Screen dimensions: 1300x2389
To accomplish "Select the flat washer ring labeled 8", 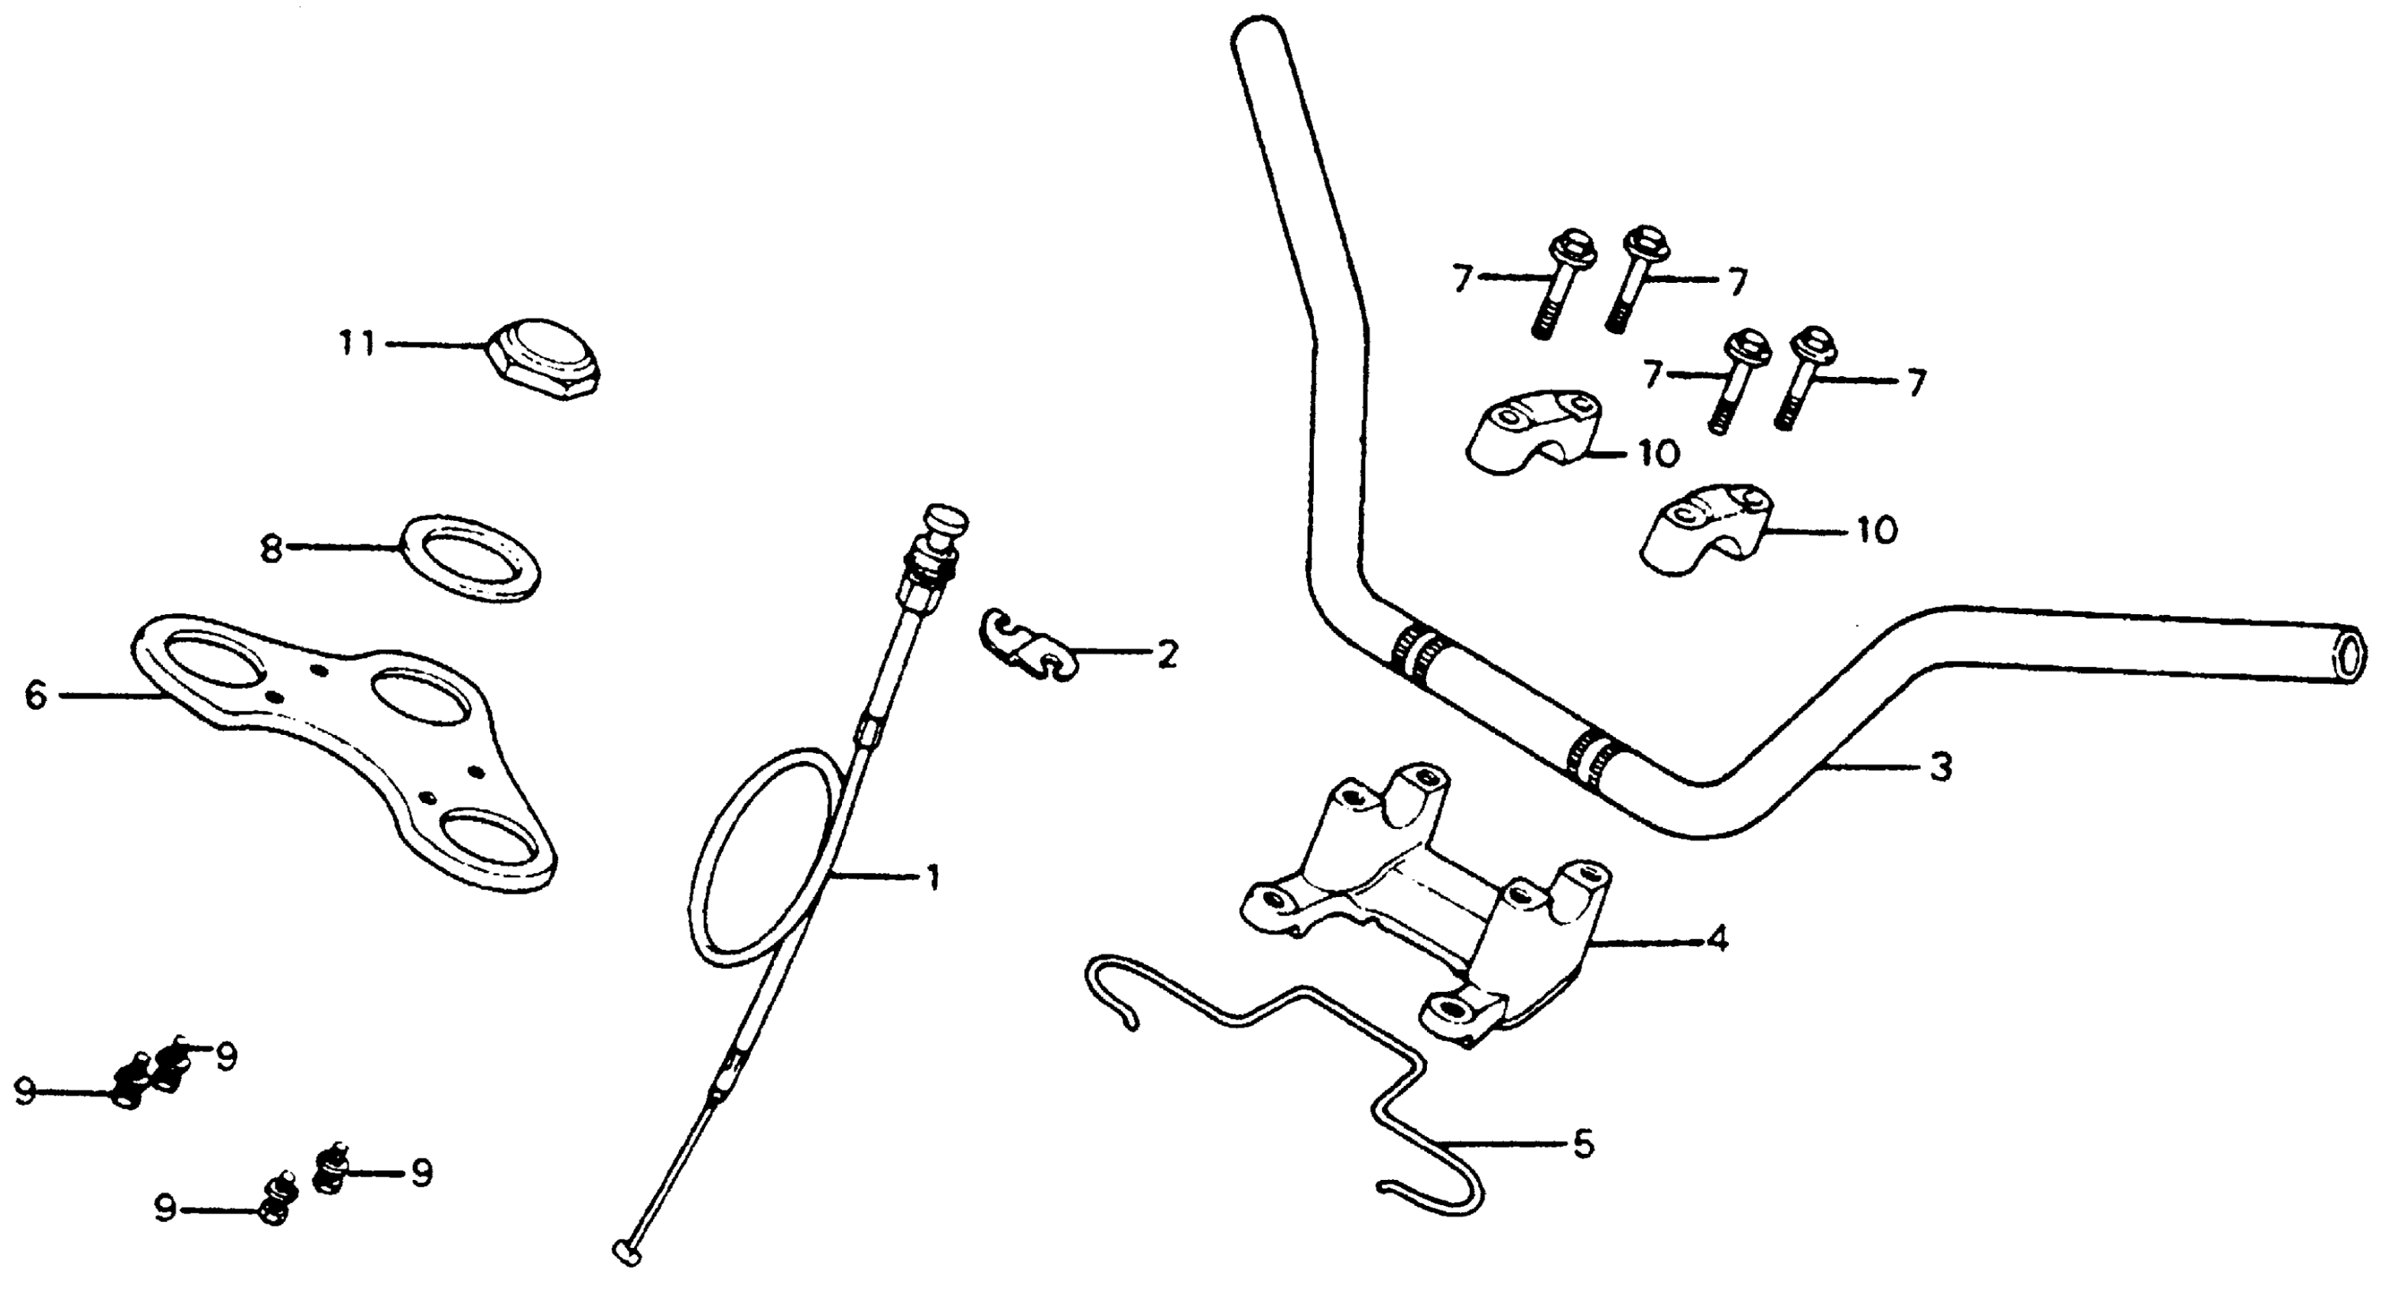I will tap(470, 558).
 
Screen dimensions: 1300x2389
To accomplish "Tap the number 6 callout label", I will tap(35, 694).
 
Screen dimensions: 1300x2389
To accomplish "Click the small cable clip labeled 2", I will tap(1025, 648).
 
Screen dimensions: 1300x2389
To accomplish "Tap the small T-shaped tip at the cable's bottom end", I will tap(628, 1252).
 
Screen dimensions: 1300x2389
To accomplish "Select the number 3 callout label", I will tap(1941, 767).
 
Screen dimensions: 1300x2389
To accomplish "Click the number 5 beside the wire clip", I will tap(1583, 1143).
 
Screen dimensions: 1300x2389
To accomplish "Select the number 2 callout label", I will tap(1168, 654).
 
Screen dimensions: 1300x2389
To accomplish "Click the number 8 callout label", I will tap(270, 549).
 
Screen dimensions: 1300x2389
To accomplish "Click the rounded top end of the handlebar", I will tap(1260, 42).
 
